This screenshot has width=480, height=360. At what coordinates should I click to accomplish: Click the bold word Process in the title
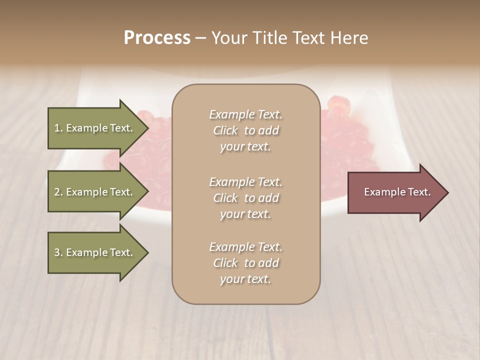pyautogui.click(x=157, y=38)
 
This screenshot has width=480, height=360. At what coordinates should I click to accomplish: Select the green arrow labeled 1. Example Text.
pyautogui.click(x=93, y=128)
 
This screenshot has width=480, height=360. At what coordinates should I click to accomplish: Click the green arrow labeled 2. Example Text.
pyautogui.click(x=93, y=192)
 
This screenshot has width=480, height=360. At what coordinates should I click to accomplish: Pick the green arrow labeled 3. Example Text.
pyautogui.click(x=93, y=252)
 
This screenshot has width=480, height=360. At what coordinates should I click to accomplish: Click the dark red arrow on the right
pyautogui.click(x=395, y=192)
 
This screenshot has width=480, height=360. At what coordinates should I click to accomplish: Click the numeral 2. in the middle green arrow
pyautogui.click(x=58, y=192)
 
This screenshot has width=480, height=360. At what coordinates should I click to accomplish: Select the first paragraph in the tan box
pyautogui.click(x=246, y=130)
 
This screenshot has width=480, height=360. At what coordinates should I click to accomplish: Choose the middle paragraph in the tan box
pyautogui.click(x=246, y=198)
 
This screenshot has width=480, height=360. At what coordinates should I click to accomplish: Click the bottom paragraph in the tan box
pyautogui.click(x=246, y=263)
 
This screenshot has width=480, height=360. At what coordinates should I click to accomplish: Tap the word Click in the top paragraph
pyautogui.click(x=225, y=130)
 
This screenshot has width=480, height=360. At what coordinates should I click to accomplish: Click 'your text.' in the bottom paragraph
pyautogui.click(x=245, y=279)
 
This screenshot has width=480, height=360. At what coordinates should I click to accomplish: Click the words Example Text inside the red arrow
pyautogui.click(x=397, y=192)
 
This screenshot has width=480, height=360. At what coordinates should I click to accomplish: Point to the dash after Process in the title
pyautogui.click(x=200, y=38)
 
